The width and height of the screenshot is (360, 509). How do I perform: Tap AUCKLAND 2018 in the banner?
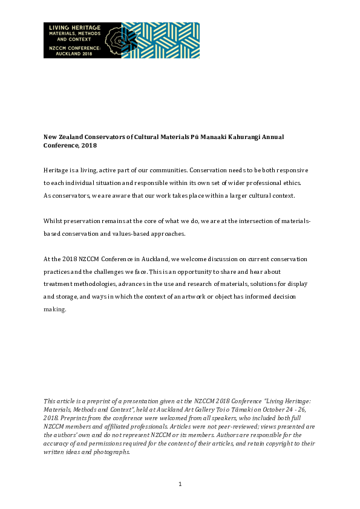click(73, 53)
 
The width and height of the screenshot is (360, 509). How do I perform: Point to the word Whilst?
click(53, 222)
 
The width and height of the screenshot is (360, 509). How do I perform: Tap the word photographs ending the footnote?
click(111, 452)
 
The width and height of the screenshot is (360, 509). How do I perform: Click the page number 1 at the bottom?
click(180, 484)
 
